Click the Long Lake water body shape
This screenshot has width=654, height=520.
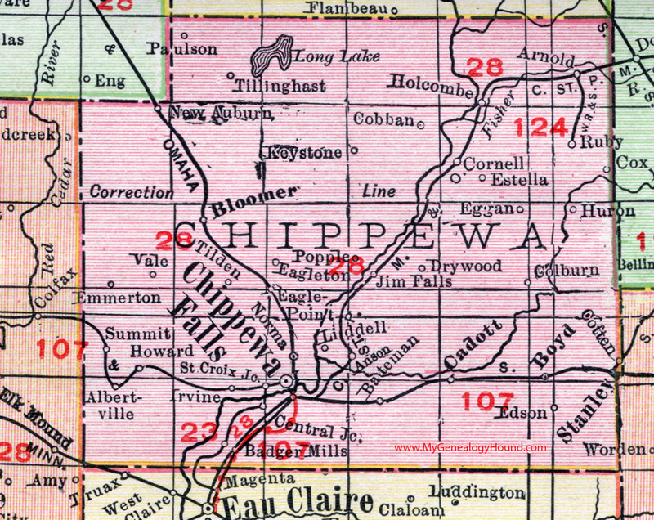pos(274,56)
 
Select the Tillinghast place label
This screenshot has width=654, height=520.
pos(279,86)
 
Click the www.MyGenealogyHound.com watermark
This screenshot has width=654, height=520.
pos(470,447)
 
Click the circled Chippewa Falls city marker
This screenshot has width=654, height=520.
pos(286,382)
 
